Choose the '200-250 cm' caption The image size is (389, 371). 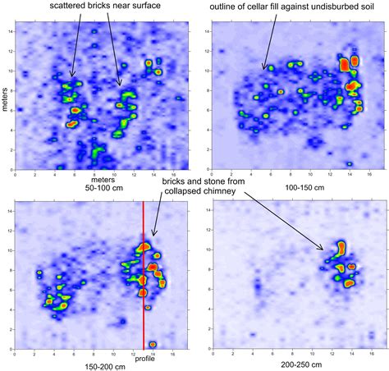tap(291, 364)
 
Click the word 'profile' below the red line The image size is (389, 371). tap(144, 359)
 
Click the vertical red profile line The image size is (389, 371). tap(144, 271)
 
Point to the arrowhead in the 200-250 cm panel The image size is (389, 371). tap(324, 248)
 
